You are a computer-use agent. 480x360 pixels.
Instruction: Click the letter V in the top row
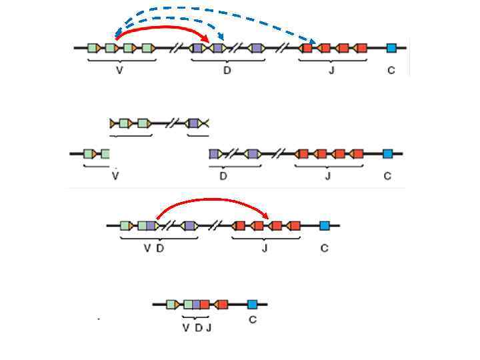119,71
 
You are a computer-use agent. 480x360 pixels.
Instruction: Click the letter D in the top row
227,71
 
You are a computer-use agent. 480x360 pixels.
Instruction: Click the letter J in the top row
332,71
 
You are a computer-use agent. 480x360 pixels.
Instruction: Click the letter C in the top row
391,71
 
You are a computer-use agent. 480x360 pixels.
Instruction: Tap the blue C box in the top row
391,48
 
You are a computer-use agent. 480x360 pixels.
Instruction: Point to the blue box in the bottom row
252,305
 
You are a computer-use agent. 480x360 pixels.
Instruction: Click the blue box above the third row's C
325,226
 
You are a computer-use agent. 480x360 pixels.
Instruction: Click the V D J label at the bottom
197,328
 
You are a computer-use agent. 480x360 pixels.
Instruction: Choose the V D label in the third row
153,249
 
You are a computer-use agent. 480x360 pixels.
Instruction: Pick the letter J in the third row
265,249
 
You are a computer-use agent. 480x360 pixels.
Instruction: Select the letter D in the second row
223,177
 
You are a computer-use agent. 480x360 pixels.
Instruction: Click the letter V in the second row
115,177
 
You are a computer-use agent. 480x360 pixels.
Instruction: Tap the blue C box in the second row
388,154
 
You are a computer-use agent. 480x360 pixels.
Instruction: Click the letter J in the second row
328,177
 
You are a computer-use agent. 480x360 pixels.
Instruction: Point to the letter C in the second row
387,177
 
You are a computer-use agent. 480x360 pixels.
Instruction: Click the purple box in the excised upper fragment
193,123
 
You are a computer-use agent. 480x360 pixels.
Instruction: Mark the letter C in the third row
325,249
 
